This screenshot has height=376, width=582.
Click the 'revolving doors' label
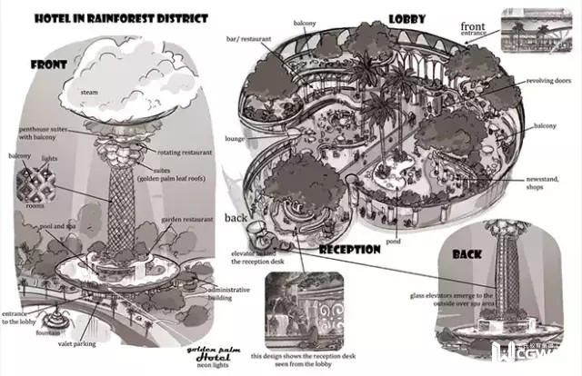point(547,81)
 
